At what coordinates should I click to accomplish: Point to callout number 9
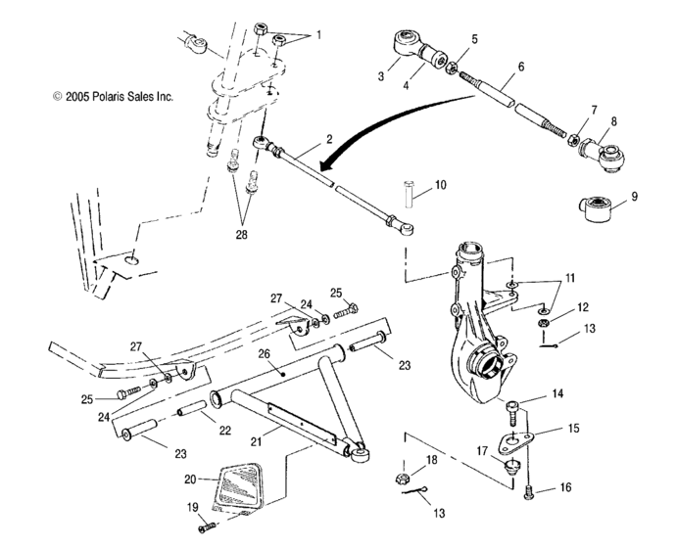634,197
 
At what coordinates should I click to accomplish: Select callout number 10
439,184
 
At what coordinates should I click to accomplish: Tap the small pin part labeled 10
408,193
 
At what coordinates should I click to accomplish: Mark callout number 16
559,485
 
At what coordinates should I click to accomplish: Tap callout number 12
583,306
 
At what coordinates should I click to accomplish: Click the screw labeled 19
207,528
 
